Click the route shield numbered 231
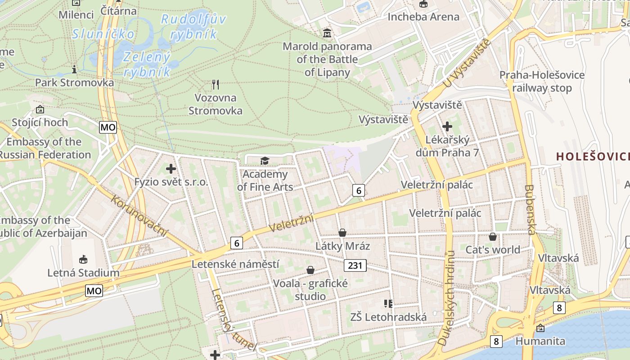coord(355,265)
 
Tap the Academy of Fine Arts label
coord(265,180)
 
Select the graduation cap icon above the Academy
coord(265,161)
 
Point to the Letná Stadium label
coord(84,273)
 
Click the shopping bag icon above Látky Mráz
coord(342,233)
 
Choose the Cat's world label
coord(493,250)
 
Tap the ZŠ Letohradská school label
coord(388,317)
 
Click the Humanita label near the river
coord(540,341)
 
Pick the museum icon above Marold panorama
coord(327,33)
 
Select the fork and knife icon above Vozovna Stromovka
coord(216,84)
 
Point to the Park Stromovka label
coord(75,83)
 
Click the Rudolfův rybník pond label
coord(193,26)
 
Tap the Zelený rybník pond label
coord(147,64)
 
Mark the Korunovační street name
coord(139,216)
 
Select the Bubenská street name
coord(529,210)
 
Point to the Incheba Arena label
coord(423,17)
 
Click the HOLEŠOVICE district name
coord(593,156)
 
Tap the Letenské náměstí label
coord(235,264)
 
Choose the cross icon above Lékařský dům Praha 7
coord(447,126)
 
